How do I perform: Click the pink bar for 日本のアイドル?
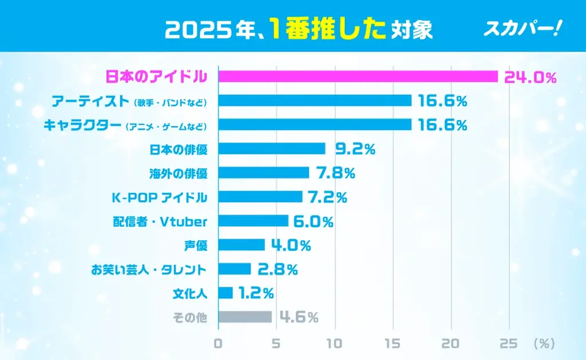click(x=358, y=77)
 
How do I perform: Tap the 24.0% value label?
click(x=530, y=77)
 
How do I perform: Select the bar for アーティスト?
click(x=315, y=101)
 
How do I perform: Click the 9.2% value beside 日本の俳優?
click(x=355, y=149)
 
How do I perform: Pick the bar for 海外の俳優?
click(x=264, y=173)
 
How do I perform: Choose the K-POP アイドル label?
click(x=159, y=197)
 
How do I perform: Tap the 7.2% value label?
click(x=327, y=197)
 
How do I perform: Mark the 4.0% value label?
click(x=290, y=246)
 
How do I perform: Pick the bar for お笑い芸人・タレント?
click(x=235, y=269)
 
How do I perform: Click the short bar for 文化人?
click(x=225, y=293)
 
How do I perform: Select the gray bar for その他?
click(x=245, y=317)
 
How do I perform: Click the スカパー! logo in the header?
click(x=521, y=29)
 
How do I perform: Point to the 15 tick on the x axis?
click(x=393, y=343)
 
